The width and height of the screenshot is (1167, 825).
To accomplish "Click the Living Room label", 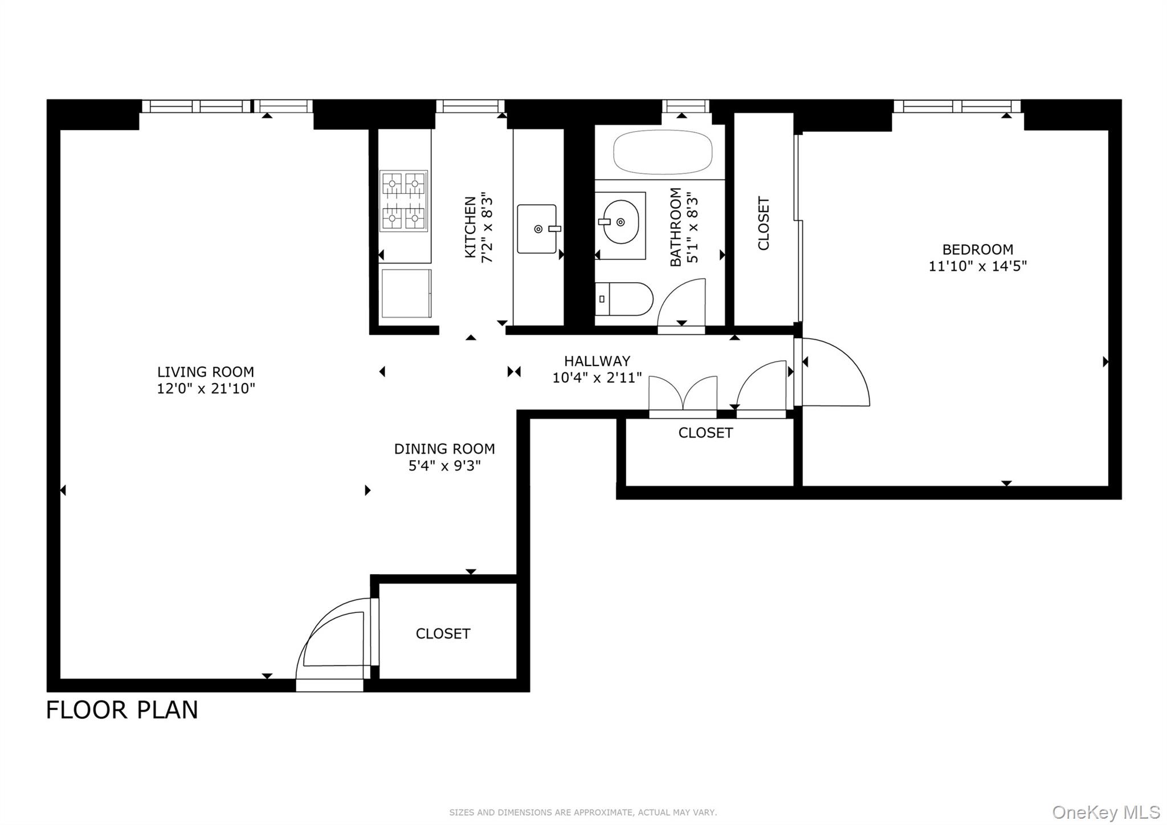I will point(205,372).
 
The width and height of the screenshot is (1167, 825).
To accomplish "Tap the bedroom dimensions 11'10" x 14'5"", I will point(977,266).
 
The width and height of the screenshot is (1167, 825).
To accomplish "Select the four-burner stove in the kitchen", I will point(403,201).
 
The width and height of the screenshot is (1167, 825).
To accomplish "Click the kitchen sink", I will point(537,229).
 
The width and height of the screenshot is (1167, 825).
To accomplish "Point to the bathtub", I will point(662,152).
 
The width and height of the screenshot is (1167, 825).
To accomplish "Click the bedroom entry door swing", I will point(835,372).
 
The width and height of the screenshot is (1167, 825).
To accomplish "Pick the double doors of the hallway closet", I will point(683,393).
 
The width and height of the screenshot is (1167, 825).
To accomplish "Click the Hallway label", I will point(597,361).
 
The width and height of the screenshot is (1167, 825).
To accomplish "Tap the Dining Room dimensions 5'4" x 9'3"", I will point(444,466).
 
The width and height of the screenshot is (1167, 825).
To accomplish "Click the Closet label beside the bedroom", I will point(764,223).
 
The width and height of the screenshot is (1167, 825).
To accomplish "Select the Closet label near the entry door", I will point(443,633).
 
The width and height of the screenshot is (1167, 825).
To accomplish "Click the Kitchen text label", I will point(470,227).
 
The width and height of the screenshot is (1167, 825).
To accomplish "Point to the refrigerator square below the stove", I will point(406,293).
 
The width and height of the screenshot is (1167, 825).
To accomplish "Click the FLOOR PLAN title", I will point(121,710).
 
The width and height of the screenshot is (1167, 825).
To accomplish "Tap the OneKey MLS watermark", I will point(1105,812).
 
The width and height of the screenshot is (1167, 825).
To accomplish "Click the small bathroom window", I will point(686,105).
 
